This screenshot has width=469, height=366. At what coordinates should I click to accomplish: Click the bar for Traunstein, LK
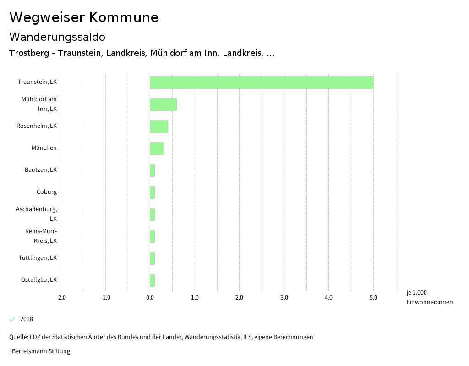(262, 82)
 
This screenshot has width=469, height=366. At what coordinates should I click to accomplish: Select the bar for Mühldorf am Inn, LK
(164, 104)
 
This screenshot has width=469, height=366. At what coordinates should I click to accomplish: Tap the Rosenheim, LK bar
(159, 126)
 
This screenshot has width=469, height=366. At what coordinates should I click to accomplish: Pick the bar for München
(157, 148)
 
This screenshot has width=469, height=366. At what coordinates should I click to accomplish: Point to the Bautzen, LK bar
(153, 170)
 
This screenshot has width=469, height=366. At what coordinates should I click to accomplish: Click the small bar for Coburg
(153, 192)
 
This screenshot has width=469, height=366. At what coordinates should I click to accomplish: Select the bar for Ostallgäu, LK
(153, 280)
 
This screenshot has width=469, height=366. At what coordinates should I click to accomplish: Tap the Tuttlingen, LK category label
(38, 258)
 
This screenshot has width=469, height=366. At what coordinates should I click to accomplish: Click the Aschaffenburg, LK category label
(37, 214)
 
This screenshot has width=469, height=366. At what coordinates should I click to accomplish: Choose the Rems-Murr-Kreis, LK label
(41, 236)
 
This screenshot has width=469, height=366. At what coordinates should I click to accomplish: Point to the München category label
(44, 148)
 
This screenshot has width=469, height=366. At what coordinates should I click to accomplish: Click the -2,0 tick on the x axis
(61, 298)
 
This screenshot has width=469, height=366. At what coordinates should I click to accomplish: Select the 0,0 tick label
(150, 298)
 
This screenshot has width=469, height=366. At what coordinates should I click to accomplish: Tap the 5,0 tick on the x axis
(373, 298)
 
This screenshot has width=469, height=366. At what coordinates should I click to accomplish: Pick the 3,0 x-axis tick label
(284, 298)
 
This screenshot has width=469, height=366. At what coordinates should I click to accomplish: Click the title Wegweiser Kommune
(84, 17)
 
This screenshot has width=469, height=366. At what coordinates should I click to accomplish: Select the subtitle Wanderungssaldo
(57, 37)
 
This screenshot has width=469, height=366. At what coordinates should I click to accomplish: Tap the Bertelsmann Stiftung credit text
(40, 351)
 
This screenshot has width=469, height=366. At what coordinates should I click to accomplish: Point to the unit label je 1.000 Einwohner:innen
(429, 297)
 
